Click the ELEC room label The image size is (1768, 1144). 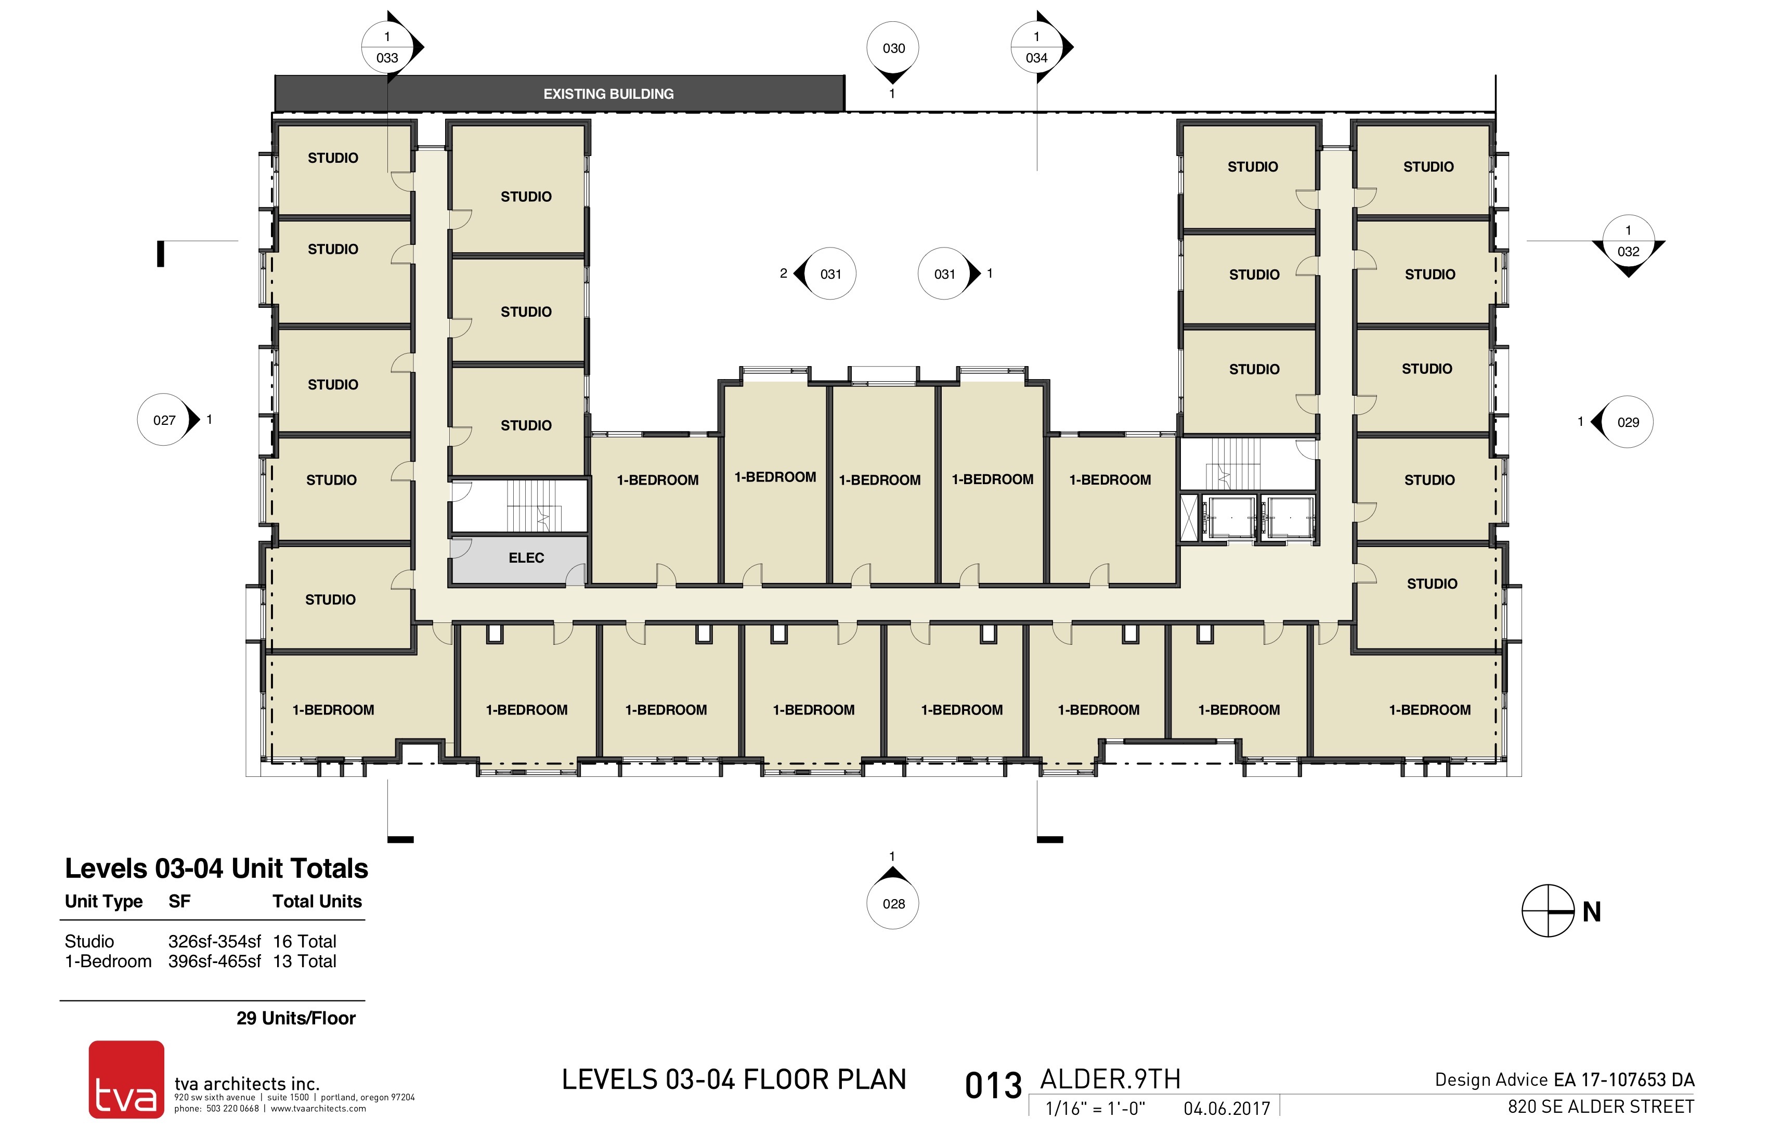[526, 558]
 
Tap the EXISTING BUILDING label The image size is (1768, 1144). [608, 94]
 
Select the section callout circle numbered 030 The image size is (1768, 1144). [893, 48]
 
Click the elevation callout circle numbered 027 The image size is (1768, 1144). [164, 420]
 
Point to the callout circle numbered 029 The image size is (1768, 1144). [1627, 422]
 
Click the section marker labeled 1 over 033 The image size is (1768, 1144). [387, 47]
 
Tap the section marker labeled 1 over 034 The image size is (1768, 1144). [1036, 47]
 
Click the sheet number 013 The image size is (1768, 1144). [993, 1086]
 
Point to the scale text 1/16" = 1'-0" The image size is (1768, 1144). [1095, 1108]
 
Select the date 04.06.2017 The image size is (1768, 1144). [1227, 1108]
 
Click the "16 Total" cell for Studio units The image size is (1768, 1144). [305, 941]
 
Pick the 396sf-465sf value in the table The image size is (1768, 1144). [215, 961]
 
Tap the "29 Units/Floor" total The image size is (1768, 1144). [296, 1018]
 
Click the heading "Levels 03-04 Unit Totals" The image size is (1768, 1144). [216, 868]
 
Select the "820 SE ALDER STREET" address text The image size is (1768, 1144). [1601, 1107]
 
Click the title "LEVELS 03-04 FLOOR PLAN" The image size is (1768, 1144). [734, 1080]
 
